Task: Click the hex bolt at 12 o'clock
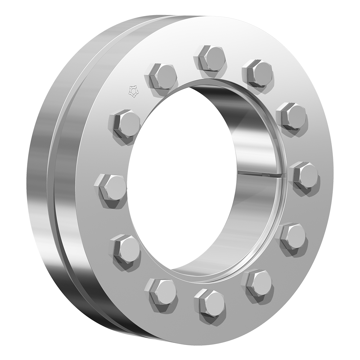[211, 58]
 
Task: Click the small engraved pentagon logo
[133, 91]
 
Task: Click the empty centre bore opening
[180, 180]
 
